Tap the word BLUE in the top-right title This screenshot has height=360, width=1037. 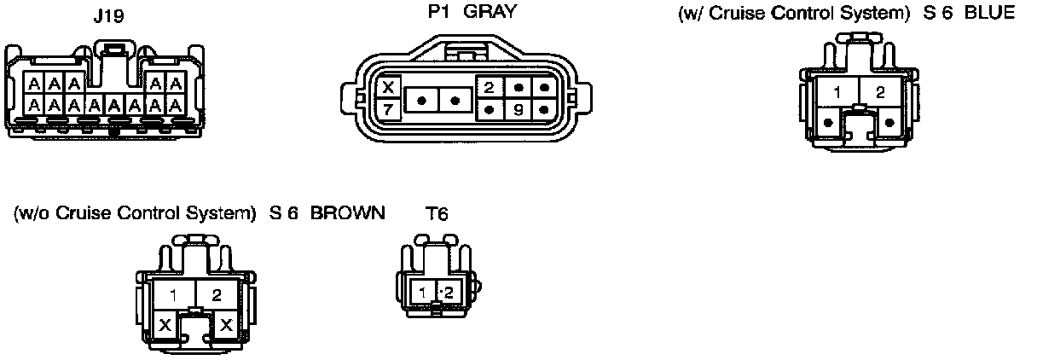[x=990, y=14]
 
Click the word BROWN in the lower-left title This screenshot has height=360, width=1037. [x=347, y=212]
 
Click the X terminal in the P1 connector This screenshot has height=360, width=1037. [x=388, y=87]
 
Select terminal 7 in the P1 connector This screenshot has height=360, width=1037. [x=388, y=108]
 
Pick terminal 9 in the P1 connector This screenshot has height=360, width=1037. [x=517, y=109]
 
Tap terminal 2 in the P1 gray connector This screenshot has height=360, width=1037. [x=490, y=88]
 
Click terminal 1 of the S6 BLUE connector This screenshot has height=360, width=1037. [x=837, y=92]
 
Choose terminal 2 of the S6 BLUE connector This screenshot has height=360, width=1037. [x=880, y=92]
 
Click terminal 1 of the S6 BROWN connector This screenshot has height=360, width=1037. [x=173, y=296]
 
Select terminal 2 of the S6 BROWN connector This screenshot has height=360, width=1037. [x=217, y=296]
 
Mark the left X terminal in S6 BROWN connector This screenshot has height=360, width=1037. [x=165, y=324]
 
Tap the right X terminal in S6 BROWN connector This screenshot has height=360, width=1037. [x=226, y=324]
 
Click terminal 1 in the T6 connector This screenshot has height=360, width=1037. [x=423, y=293]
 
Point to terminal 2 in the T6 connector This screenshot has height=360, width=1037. [x=449, y=293]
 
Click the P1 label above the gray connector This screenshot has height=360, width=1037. [x=438, y=13]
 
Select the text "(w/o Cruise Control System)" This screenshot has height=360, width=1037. [x=136, y=212]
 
